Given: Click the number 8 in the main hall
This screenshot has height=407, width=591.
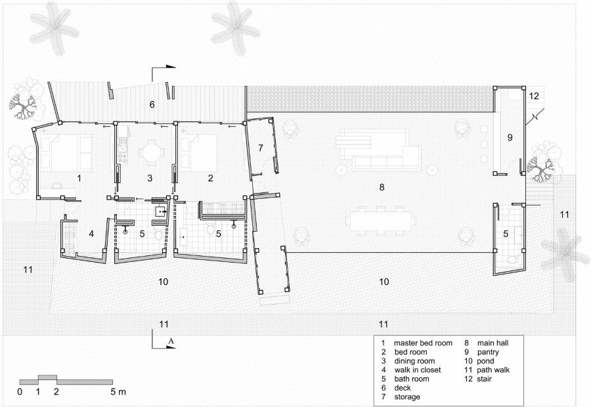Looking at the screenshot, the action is click(x=382, y=187).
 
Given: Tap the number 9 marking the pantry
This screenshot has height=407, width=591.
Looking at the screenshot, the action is click(x=510, y=138).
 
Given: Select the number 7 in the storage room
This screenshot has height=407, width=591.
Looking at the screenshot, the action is click(x=261, y=148).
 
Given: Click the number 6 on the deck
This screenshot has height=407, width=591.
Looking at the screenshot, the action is click(x=152, y=104).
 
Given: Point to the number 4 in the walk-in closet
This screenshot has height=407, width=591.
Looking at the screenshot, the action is click(x=91, y=234).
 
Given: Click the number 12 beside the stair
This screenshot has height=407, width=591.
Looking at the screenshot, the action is click(x=534, y=96).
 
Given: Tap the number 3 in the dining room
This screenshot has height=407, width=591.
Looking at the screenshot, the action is click(x=150, y=178).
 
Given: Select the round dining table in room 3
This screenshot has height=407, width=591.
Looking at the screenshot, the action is click(x=152, y=153).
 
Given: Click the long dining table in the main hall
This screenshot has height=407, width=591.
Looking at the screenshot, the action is click(x=381, y=221).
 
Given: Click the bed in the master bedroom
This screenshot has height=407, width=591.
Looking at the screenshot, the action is click(x=67, y=152).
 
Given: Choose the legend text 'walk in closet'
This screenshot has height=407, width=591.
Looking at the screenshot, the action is click(x=418, y=370).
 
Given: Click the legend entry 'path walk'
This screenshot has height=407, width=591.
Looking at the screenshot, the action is click(x=493, y=370).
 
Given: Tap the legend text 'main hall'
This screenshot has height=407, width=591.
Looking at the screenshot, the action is click(x=493, y=343).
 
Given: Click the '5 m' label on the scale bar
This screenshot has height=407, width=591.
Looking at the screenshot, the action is click(x=118, y=392).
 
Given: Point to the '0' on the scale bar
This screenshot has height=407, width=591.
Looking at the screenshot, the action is click(x=20, y=392).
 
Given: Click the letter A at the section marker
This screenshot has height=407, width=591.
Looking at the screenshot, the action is click(x=171, y=341).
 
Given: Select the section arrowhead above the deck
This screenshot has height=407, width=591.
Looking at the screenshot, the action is click(x=171, y=67).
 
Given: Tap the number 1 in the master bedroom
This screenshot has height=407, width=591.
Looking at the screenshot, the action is click(x=79, y=178).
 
